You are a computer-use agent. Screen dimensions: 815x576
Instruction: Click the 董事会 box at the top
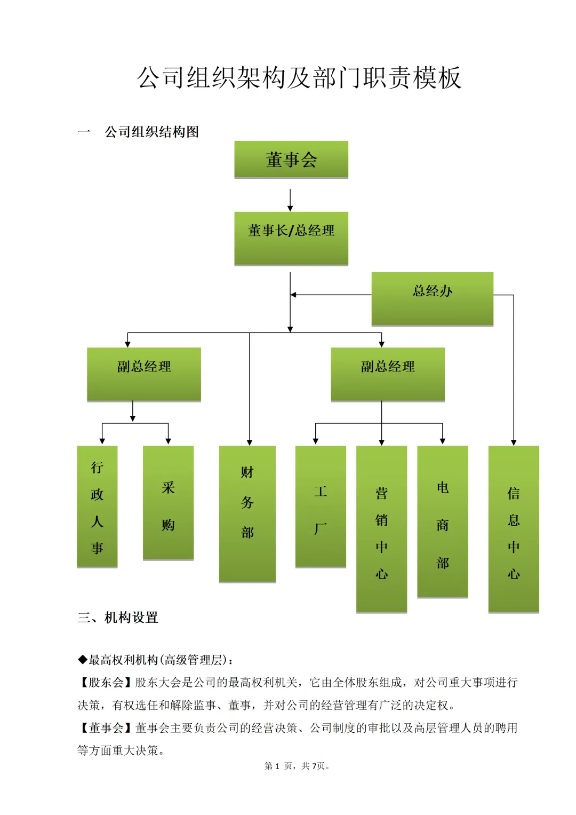(291, 160)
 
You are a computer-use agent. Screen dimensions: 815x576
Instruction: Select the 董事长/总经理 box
(291, 238)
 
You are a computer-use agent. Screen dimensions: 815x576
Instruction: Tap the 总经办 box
(432, 298)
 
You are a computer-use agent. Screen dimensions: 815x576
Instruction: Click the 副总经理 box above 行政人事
(144, 374)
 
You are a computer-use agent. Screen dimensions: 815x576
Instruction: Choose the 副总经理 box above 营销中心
(388, 374)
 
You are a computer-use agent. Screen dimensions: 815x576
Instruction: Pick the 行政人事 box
(97, 506)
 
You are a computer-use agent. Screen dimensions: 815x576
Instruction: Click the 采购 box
(168, 503)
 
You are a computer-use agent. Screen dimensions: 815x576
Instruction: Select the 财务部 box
(247, 513)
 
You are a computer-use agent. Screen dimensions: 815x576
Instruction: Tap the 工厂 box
(321, 506)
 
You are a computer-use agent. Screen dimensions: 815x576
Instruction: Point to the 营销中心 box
(381, 528)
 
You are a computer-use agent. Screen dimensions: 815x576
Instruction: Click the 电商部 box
(443, 521)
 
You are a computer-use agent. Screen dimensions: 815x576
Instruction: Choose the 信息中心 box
(514, 528)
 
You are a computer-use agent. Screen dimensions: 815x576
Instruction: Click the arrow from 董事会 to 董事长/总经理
(290, 200)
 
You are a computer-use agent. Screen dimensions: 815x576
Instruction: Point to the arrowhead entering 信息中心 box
(514, 442)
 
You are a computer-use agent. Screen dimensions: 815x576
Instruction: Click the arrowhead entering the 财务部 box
(250, 442)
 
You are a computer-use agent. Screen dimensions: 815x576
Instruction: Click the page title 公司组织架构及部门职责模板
(299, 78)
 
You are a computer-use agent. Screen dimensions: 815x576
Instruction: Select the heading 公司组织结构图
(151, 132)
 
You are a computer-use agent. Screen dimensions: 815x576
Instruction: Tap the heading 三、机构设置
(118, 618)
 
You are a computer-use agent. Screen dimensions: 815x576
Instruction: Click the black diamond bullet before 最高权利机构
(83, 660)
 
